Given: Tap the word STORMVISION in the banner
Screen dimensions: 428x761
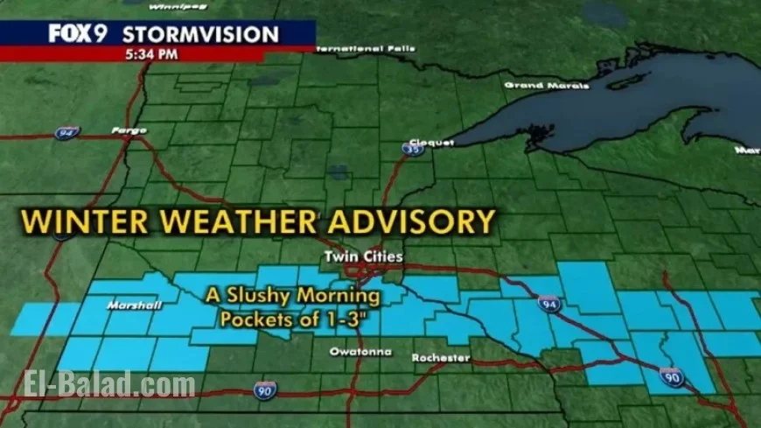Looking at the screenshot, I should click(200, 35).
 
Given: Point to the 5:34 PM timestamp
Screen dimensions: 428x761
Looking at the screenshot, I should click(158, 53).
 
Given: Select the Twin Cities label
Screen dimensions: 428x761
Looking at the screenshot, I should click(363, 257).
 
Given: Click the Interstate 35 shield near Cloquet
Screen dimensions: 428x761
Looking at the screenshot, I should click(410, 151).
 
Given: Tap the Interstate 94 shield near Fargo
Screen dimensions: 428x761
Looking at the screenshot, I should click(66, 133).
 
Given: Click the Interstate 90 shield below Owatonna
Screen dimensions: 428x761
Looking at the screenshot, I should click(264, 389).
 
